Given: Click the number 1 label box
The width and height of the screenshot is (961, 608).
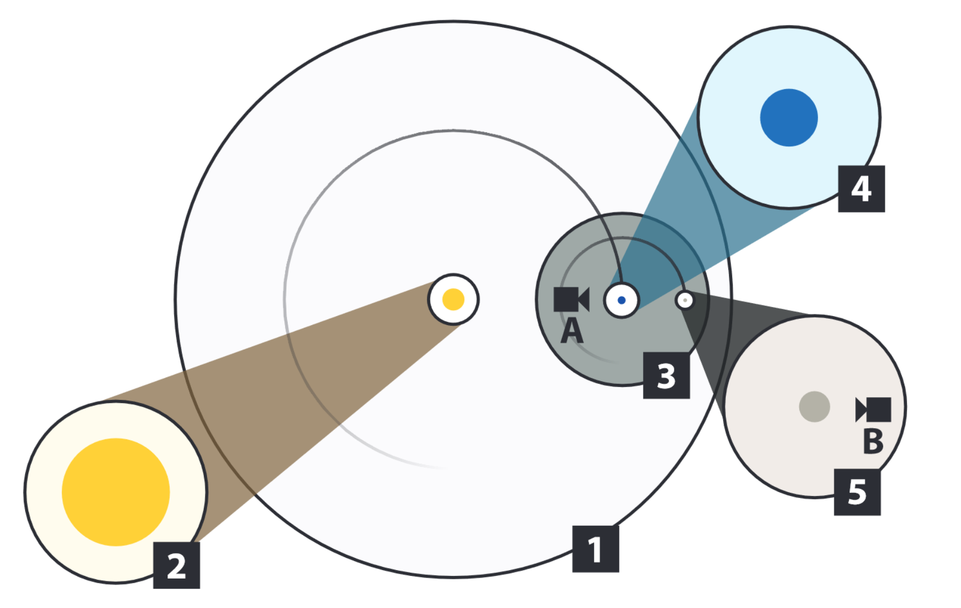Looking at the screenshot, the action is (595, 549).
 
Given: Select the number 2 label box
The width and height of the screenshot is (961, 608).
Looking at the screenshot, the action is (177, 565).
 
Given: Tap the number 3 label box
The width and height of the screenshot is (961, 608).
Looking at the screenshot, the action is (666, 375).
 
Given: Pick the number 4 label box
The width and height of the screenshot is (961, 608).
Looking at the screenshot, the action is (861, 189).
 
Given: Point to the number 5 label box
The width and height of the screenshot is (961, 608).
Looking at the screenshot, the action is (857, 492).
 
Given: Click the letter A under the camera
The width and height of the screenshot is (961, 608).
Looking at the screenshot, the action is (572, 331).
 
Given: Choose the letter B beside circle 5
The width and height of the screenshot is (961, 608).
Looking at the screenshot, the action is (873, 441).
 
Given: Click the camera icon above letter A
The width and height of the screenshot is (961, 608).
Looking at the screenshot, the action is (571, 299).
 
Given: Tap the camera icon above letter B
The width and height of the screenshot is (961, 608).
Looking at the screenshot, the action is (873, 409).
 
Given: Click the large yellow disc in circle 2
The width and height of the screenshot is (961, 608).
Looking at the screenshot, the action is (116, 492).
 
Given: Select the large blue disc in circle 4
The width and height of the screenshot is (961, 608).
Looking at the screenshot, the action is (789, 117).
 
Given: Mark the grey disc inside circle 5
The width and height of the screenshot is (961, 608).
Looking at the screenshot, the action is (814, 407).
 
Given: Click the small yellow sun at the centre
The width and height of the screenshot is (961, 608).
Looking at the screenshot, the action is (454, 299).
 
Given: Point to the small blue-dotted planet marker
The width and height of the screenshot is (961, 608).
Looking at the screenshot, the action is (621, 301).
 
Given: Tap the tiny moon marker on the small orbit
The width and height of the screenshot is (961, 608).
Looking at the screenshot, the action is (685, 301).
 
